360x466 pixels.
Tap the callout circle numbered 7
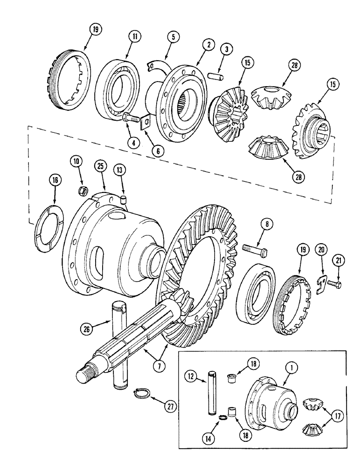[159, 366]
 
